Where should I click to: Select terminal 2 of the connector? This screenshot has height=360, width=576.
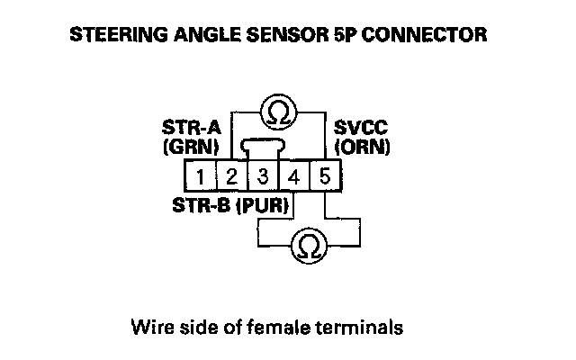pyautogui.click(x=231, y=175)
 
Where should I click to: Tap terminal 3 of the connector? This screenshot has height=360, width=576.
pyautogui.click(x=263, y=175)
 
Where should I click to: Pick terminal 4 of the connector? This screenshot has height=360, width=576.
pyautogui.click(x=293, y=175)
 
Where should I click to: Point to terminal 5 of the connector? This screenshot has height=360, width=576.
pyautogui.click(x=324, y=175)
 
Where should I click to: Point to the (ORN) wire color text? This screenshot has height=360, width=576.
pyautogui.click(x=361, y=145)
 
